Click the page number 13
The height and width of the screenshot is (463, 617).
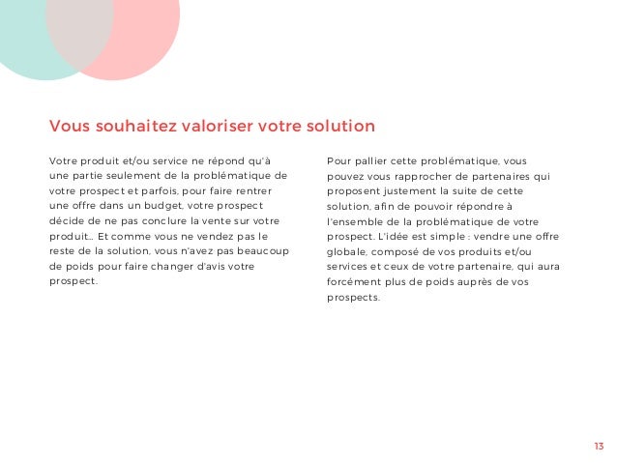(x=598, y=446)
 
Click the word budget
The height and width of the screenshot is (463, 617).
(x=184, y=205)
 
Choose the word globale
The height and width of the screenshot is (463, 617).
(x=348, y=251)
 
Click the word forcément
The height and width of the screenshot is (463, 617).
(x=356, y=281)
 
